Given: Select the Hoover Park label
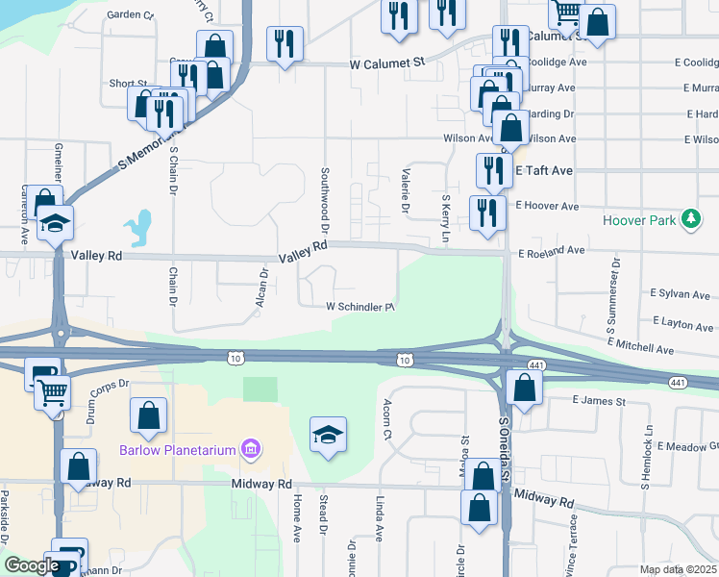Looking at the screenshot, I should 639,220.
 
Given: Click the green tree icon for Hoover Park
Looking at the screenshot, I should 689,220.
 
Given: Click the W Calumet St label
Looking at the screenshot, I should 387,63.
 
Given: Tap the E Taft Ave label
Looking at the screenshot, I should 544,170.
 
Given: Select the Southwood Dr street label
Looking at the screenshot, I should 325,201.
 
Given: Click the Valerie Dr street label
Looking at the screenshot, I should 405,189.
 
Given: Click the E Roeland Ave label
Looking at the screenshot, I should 551,250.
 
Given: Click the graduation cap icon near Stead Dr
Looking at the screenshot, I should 327,434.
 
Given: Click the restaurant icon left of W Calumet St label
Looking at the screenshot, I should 285,43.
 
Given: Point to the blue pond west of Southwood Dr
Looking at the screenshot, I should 141,228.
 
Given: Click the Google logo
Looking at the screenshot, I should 31,565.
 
